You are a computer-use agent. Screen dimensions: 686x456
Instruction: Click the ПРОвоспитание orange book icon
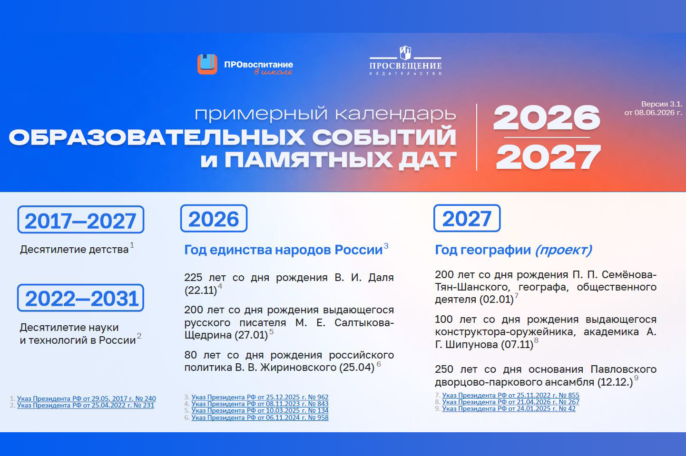click(x=207, y=64)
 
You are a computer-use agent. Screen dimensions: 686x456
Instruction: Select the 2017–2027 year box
click(x=81, y=220)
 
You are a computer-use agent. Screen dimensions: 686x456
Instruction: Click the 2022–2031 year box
click(x=80, y=298)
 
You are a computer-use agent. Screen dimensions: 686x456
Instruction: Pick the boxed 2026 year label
click(x=214, y=219)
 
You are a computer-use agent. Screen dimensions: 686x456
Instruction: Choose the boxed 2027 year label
click(x=467, y=218)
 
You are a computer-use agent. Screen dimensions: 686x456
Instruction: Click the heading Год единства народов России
click(x=283, y=250)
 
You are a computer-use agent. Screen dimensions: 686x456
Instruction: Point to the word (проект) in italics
click(x=563, y=250)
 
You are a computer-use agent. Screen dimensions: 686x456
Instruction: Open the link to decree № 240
click(x=87, y=398)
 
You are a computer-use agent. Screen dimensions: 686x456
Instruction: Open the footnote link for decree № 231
click(x=86, y=405)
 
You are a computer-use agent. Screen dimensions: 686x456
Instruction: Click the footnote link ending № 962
click(x=260, y=397)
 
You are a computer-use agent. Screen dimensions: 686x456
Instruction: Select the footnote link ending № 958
click(x=260, y=417)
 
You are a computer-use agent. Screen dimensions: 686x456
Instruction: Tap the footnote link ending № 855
click(x=510, y=395)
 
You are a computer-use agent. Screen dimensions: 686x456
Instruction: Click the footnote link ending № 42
click(x=509, y=408)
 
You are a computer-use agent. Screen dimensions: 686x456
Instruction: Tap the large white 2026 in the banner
click(x=547, y=118)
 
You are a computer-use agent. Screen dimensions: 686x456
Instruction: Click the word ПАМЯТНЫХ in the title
click(x=309, y=160)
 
